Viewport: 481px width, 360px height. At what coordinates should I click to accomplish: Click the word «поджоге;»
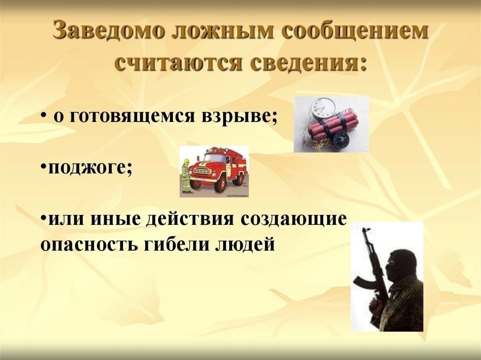point(90,168)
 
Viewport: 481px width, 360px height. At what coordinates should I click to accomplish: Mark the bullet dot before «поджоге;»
point(43,167)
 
